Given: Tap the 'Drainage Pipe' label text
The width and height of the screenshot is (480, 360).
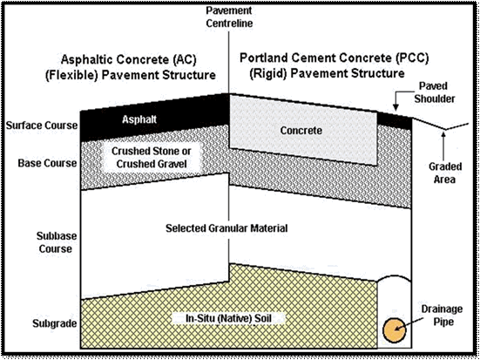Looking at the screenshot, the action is (x=442, y=316).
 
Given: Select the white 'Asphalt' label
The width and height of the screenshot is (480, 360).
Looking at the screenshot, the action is (x=139, y=119).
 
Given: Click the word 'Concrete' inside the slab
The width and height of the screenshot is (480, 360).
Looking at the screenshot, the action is (x=301, y=131).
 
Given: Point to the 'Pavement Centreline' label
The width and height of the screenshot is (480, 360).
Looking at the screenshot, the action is (x=229, y=17).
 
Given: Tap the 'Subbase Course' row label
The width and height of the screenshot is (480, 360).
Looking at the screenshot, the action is (x=56, y=242).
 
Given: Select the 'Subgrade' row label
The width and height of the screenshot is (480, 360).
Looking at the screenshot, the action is (x=56, y=323).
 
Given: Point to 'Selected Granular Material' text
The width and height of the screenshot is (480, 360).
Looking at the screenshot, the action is (x=226, y=228).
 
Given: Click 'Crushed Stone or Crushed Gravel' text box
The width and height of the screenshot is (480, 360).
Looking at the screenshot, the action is (x=152, y=158).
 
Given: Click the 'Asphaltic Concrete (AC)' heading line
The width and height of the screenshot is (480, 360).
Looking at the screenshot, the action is (x=128, y=59).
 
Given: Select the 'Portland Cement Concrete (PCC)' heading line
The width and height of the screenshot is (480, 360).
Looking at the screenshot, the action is (x=334, y=58).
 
